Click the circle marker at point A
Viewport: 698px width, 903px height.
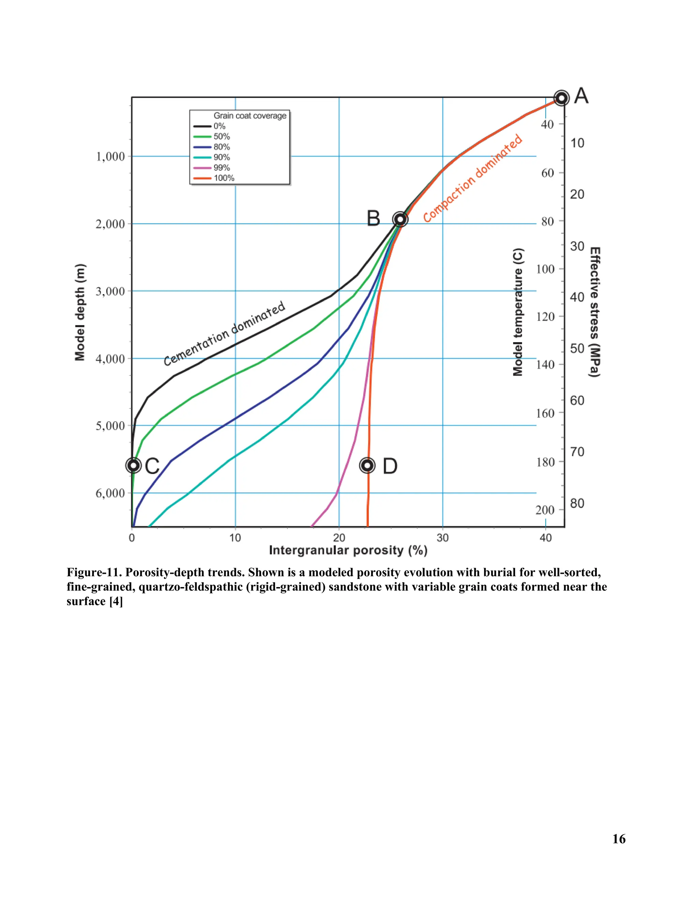click(561, 98)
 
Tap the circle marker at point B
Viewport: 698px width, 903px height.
click(400, 219)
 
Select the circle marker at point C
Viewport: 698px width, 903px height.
click(133, 465)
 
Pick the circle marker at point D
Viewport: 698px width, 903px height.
click(367, 465)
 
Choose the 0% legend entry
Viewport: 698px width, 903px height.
click(219, 126)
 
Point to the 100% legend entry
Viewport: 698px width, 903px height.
click(223, 178)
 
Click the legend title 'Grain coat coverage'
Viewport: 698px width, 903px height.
click(250, 116)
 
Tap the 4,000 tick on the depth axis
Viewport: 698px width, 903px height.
click(110, 359)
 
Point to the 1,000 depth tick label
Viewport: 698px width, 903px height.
click(110, 157)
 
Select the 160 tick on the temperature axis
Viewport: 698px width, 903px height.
click(545, 413)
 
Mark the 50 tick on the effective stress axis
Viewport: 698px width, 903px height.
click(577, 349)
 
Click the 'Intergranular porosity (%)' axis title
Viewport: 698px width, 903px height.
click(348, 550)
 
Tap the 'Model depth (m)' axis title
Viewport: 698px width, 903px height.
click(80, 312)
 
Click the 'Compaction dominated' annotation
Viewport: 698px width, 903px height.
click(473, 179)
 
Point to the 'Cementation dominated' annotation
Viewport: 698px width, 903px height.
click(224, 333)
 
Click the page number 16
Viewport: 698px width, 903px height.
click(619, 839)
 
